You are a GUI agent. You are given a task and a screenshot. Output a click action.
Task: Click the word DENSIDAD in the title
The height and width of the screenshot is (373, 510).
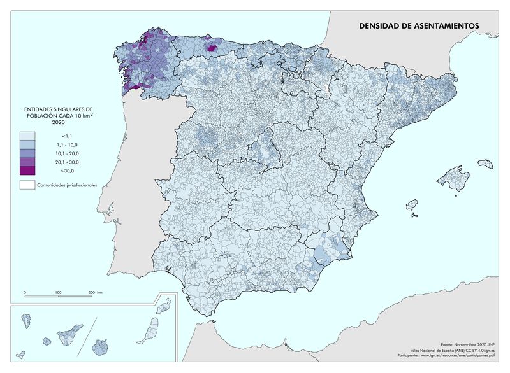(377, 26)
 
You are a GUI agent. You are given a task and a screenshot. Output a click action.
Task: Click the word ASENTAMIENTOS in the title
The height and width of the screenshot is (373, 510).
(444, 26)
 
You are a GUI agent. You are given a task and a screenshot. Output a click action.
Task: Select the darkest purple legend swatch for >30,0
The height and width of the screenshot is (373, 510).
(28, 171)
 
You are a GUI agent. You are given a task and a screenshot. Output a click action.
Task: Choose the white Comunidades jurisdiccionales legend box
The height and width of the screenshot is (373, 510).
(28, 185)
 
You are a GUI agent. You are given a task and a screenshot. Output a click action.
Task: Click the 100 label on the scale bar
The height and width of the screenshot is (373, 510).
(58, 292)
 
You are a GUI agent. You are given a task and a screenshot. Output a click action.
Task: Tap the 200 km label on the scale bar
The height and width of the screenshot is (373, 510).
(94, 292)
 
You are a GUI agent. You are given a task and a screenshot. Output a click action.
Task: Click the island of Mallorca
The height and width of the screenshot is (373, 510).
(454, 178)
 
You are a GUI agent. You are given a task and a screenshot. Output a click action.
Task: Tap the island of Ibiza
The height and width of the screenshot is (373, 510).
(412, 205)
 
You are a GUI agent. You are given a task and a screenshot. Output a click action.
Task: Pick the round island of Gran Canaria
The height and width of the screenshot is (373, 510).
(101, 348)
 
